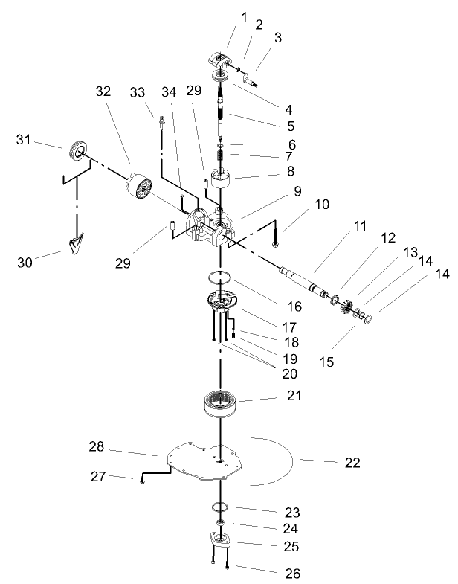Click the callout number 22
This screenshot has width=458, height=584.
[x=352, y=462]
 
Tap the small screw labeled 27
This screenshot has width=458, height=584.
[x=141, y=480]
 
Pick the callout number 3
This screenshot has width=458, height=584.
[x=278, y=37]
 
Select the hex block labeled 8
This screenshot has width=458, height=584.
[x=222, y=179]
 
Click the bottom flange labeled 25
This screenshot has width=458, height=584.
[x=221, y=541]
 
